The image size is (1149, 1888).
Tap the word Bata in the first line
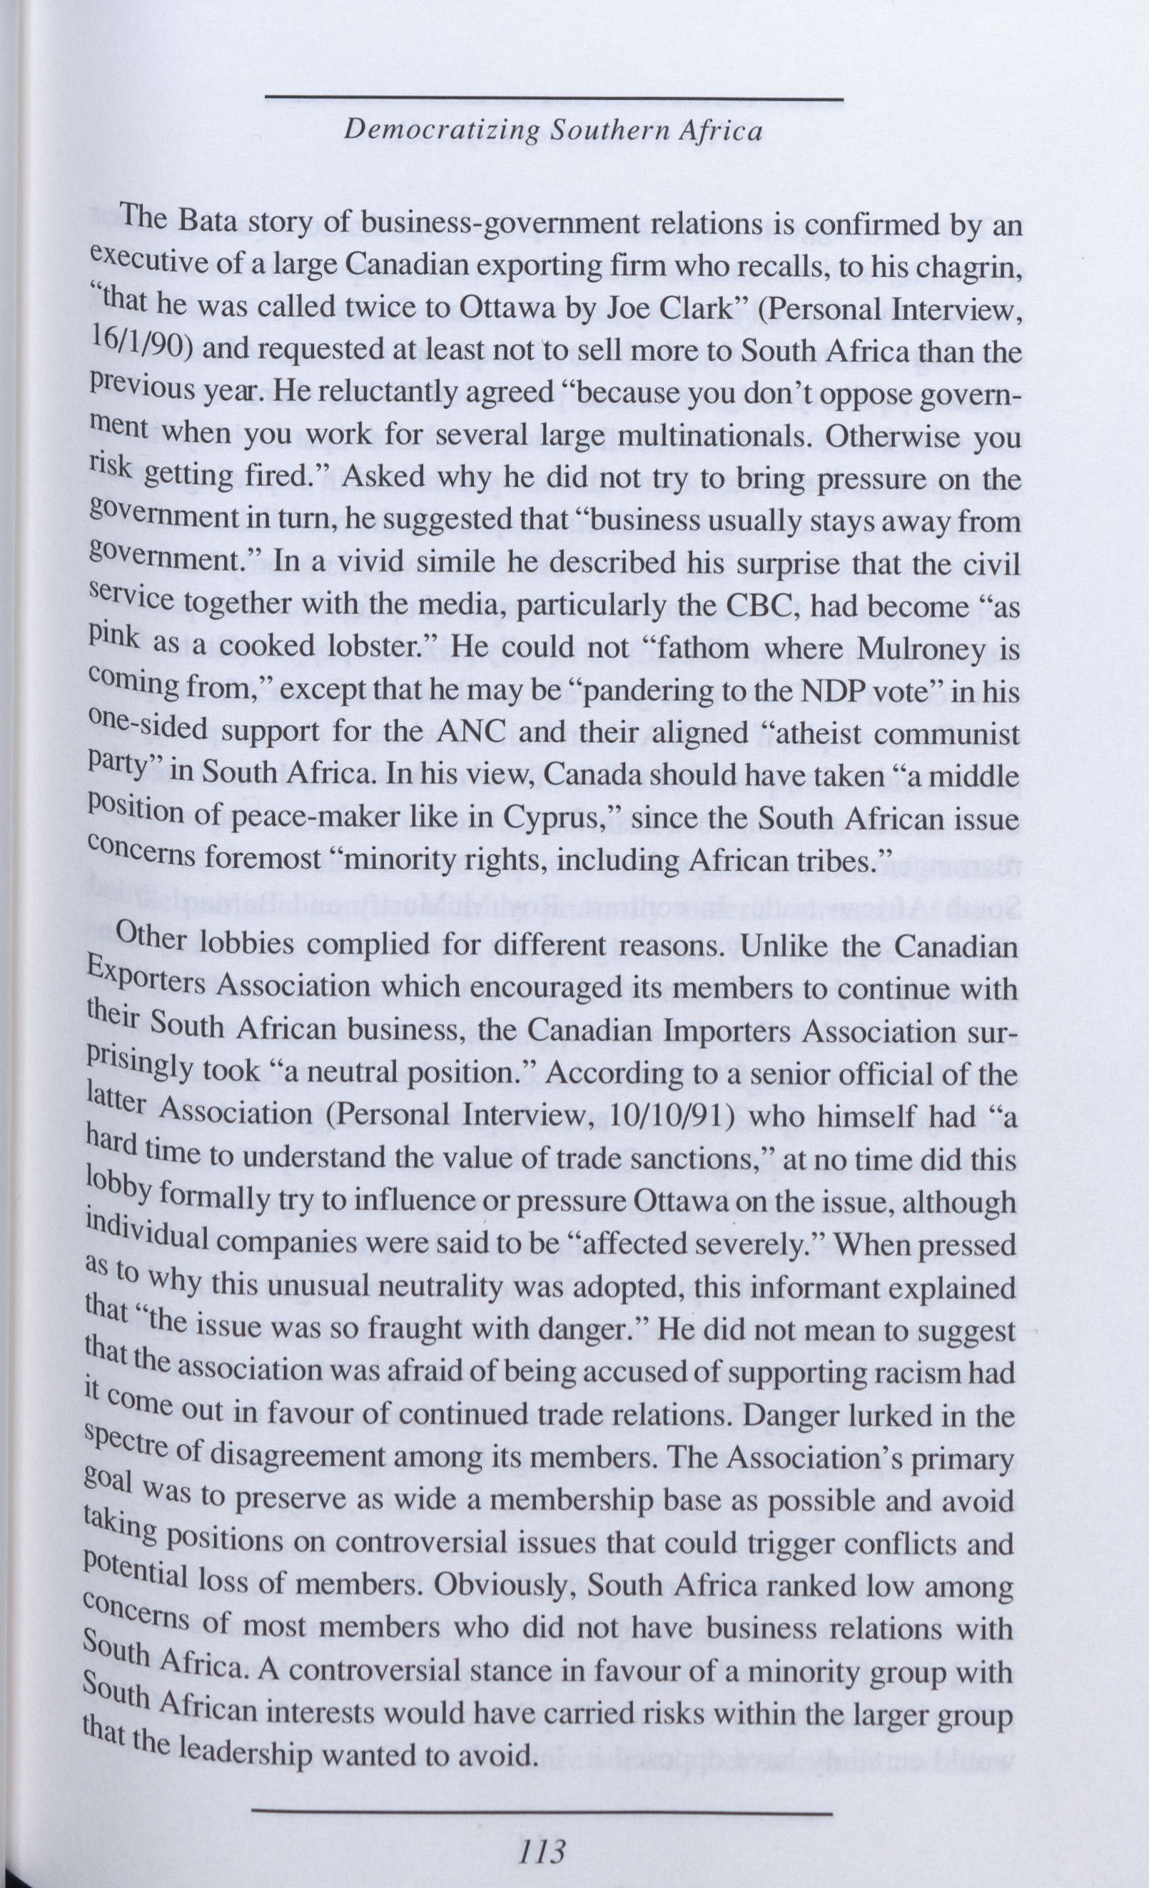208,223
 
